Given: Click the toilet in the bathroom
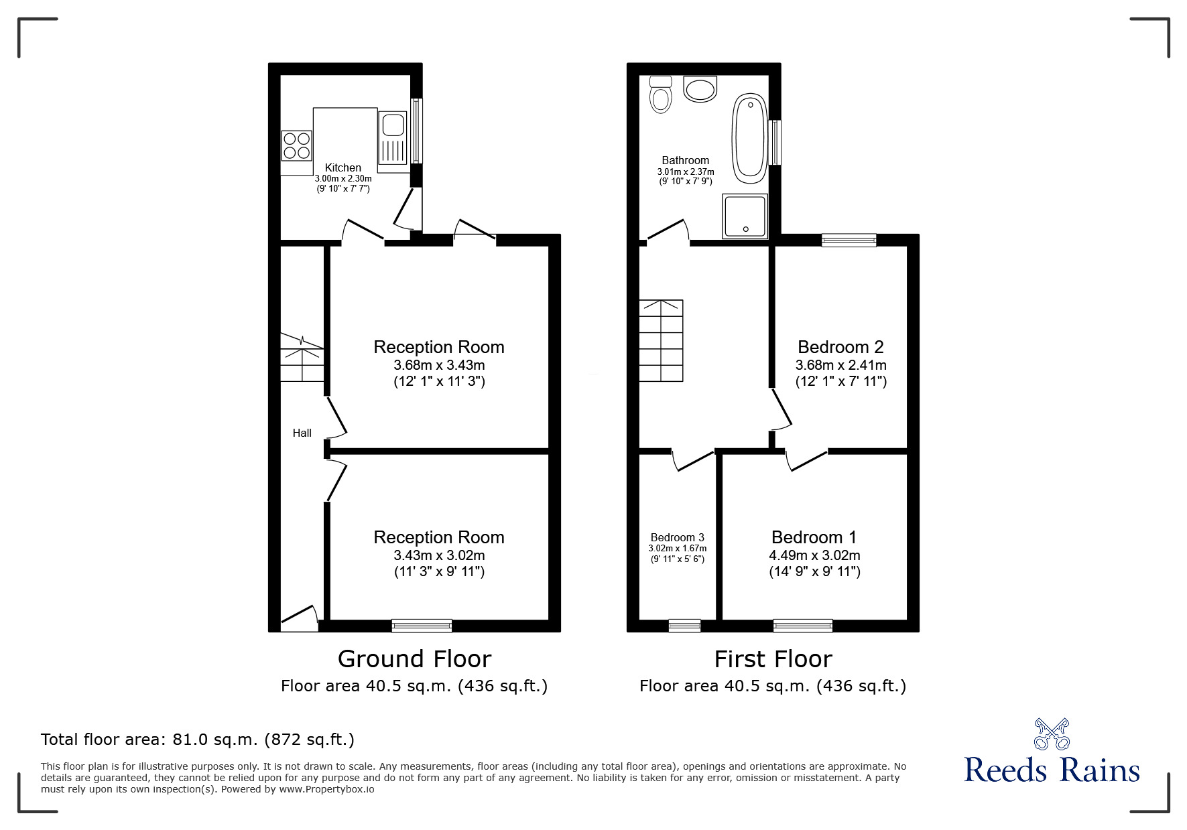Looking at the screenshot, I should [661, 95].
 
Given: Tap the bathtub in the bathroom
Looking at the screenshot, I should [749, 139].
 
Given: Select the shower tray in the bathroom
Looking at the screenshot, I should [744, 216].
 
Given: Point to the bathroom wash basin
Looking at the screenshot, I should [700, 88].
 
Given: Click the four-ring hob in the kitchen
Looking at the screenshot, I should [296, 145].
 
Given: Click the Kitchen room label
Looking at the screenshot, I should [343, 167].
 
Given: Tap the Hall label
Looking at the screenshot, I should [302, 433].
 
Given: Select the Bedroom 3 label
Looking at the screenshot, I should [677, 537].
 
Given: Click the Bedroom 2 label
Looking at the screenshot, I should [840, 347].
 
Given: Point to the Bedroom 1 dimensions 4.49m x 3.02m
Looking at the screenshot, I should [814, 555].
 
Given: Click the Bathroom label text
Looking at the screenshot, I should [685, 160].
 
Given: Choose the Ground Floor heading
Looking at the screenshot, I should [414, 659].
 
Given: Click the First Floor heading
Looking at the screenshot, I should [773, 659].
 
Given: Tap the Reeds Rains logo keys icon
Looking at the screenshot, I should [1052, 734].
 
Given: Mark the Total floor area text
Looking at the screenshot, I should [198, 740].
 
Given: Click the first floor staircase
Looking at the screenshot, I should [661, 340].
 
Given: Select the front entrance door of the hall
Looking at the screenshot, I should [299, 620].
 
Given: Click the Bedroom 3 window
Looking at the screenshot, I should [684, 626].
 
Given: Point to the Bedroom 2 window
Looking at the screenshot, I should [849, 240].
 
